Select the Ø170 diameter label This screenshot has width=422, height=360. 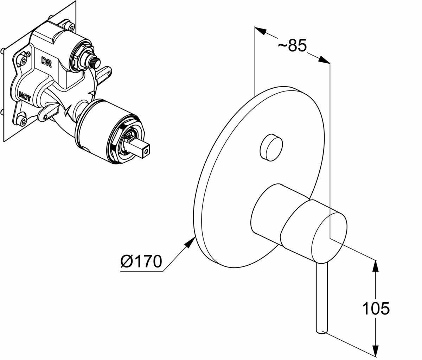(141, 261)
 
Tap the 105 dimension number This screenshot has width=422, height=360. (376, 308)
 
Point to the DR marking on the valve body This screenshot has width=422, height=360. (46, 62)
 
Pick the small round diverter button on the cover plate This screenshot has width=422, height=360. (270, 146)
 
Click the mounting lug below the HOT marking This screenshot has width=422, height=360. (47, 112)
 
